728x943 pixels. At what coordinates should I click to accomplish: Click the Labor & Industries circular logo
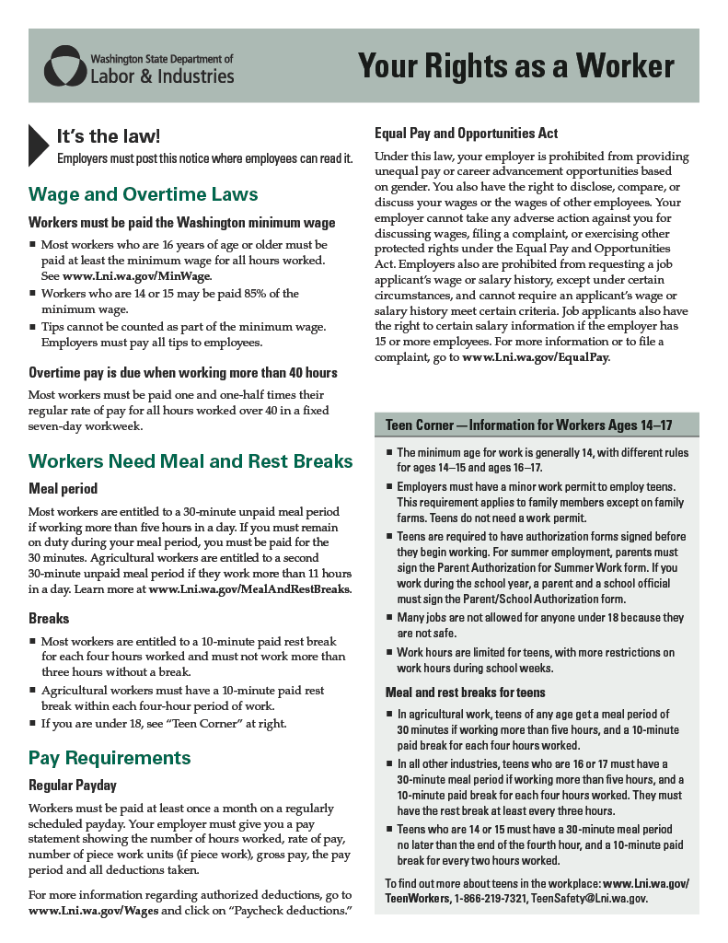64,65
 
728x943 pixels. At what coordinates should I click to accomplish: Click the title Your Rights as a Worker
515,66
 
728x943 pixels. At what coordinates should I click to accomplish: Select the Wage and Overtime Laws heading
144,194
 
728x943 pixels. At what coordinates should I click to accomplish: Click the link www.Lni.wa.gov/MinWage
137,276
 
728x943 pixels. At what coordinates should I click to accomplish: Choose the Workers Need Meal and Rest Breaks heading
191,461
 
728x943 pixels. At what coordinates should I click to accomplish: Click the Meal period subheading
64,488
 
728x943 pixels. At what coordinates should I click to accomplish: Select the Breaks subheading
49,619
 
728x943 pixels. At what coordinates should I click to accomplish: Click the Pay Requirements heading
110,758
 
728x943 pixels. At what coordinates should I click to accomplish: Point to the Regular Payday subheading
73,786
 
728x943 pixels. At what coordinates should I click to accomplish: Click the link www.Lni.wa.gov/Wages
95,911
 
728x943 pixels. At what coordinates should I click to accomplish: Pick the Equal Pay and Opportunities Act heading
466,134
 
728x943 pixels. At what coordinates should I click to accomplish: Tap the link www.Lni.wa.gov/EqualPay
535,356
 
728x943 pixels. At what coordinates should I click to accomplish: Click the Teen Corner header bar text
529,425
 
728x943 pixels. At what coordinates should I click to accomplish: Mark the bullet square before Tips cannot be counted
33,327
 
